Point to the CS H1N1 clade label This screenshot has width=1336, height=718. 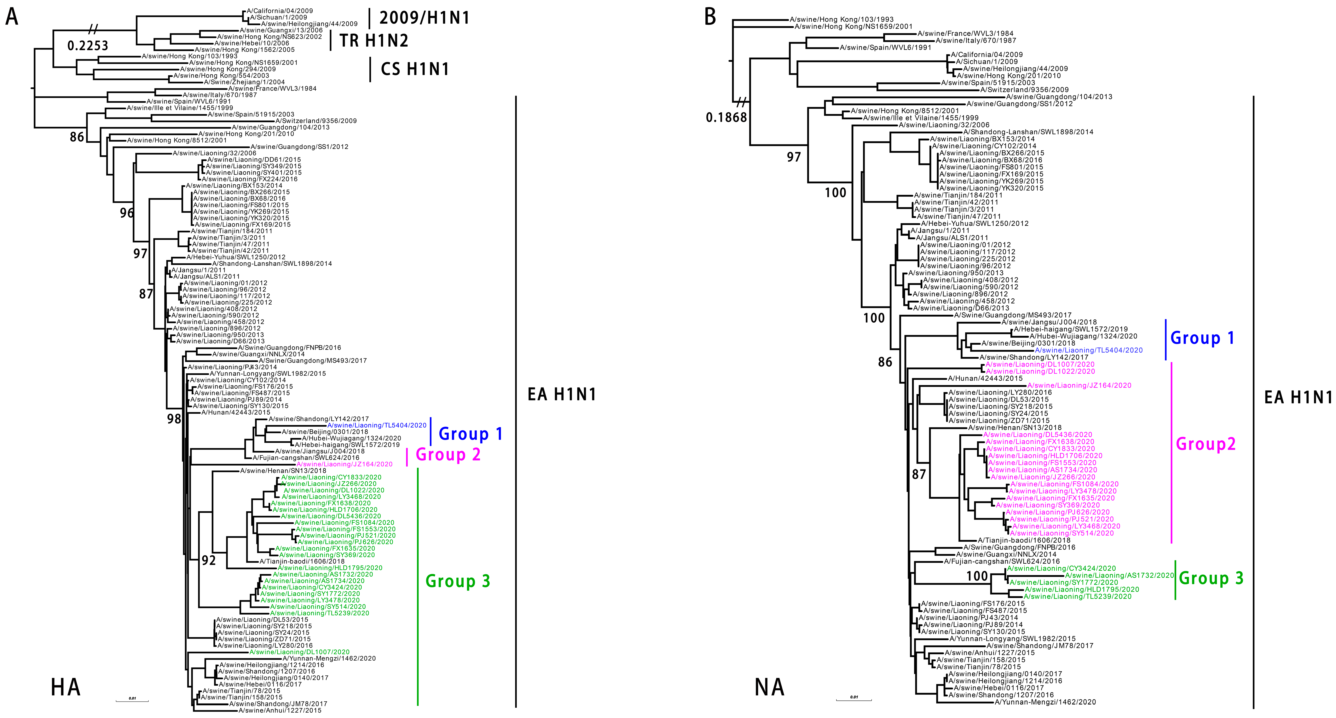(415, 69)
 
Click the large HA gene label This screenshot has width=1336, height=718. (66, 687)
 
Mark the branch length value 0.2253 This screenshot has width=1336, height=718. (88, 46)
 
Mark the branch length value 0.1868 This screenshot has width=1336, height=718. (726, 118)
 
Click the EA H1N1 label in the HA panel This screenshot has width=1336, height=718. (562, 394)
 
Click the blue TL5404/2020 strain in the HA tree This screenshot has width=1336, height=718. (377, 425)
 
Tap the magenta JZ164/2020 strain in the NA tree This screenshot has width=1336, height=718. (1079, 385)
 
